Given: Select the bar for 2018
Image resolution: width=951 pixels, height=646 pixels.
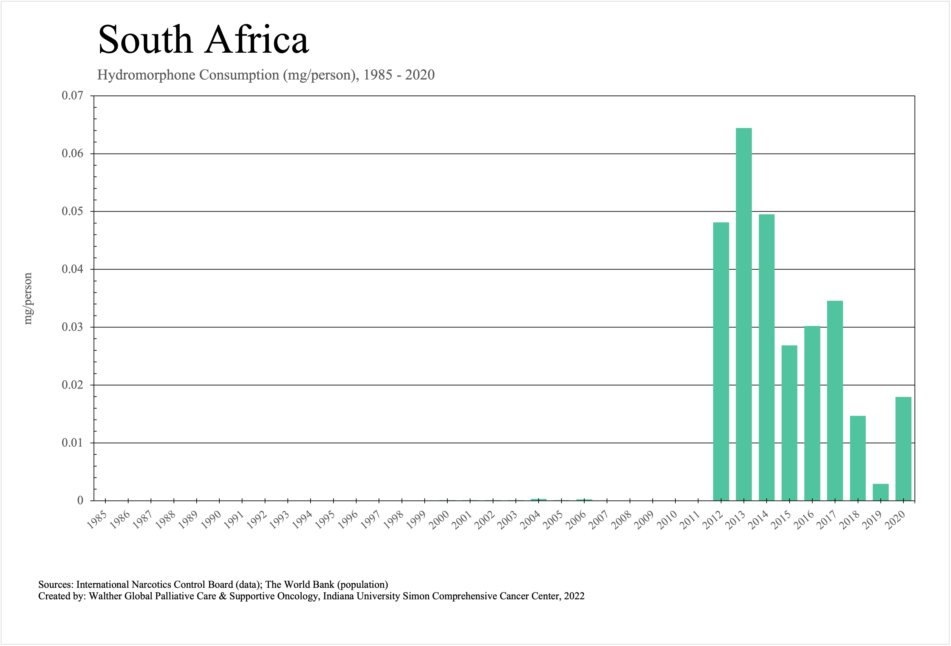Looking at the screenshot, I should pyautogui.click(x=858, y=458).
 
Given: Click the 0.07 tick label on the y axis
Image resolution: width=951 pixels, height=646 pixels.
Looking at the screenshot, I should pyautogui.click(x=72, y=96).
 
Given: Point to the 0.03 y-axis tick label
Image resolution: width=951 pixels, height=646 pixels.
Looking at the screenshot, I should pyautogui.click(x=72, y=327).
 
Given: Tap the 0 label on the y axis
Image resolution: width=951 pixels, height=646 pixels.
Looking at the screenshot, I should pyautogui.click(x=80, y=500).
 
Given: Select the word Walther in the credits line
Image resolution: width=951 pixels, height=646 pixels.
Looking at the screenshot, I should pyautogui.click(x=105, y=596).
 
